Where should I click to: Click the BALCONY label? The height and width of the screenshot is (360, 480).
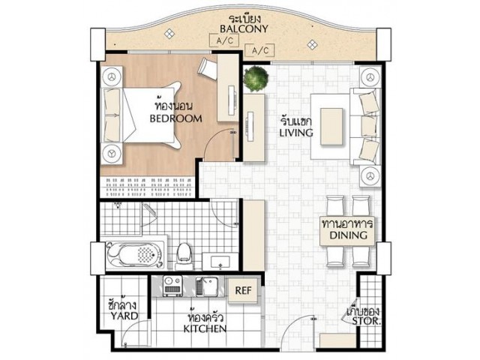[x=244, y=28]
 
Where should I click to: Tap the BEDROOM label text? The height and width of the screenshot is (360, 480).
[x=175, y=118]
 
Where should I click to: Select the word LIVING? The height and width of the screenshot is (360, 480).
[x=296, y=133]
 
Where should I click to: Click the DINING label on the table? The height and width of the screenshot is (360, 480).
[x=348, y=235]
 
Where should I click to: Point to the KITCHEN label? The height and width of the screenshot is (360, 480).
[x=205, y=328]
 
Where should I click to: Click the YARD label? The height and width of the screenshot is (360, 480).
[x=124, y=316]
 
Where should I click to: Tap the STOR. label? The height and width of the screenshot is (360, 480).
[x=366, y=321]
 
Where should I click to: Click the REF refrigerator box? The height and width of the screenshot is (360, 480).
[x=243, y=290]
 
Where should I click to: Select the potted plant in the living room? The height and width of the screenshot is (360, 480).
[x=256, y=78]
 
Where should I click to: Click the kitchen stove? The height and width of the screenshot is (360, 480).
[x=172, y=286]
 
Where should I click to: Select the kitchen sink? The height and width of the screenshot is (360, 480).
[x=207, y=286]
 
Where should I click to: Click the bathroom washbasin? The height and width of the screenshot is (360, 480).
[x=220, y=262]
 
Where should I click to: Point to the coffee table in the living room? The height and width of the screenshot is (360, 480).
[x=331, y=127]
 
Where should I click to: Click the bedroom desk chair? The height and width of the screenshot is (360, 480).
[x=208, y=69]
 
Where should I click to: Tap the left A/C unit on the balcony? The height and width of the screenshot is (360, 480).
[x=224, y=40]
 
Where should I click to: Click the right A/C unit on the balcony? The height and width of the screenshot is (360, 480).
[x=260, y=50]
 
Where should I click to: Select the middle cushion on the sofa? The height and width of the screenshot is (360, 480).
[x=368, y=126]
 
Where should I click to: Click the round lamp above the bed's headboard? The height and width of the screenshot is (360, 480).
[x=112, y=76]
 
